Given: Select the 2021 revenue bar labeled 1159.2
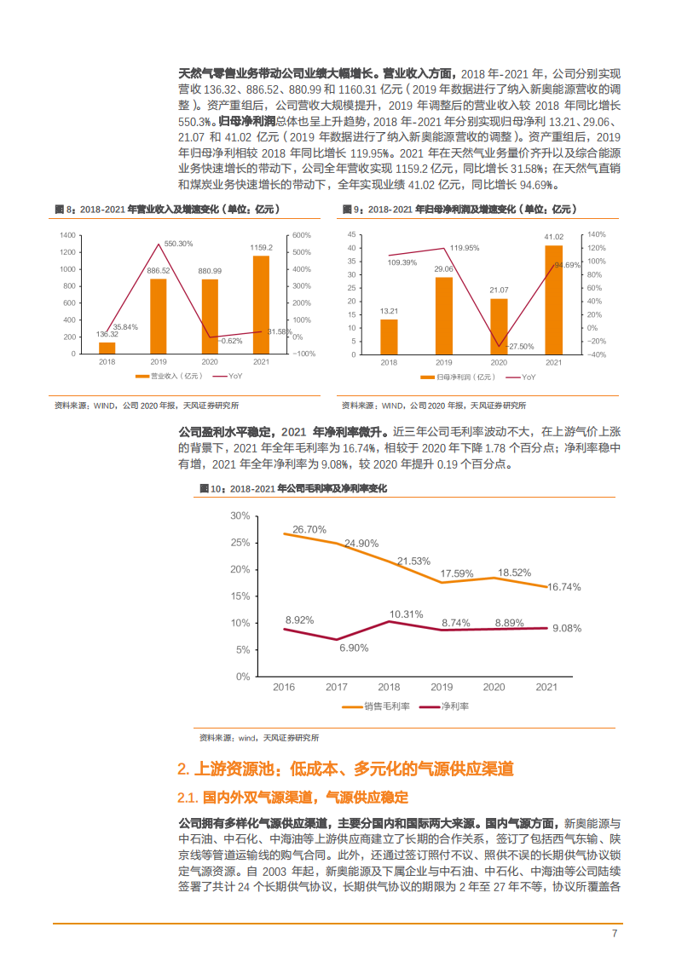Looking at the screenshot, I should (x=261, y=305).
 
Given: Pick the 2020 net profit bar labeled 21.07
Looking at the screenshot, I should (x=499, y=326).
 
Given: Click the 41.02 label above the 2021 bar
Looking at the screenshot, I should (x=553, y=237).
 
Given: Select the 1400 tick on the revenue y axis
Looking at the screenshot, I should (x=67, y=235).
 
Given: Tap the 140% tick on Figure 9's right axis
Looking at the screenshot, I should (x=595, y=235).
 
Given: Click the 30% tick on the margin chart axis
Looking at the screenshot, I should (x=240, y=515).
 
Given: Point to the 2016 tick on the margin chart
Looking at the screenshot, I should (x=284, y=686).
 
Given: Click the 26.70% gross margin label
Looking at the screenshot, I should (x=309, y=529).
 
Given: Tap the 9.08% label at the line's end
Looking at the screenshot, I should (x=567, y=628).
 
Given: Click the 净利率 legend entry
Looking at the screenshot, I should (x=454, y=705).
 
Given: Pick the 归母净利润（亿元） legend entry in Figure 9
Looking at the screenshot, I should (x=464, y=376).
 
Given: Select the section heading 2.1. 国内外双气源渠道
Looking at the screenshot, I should (x=292, y=797).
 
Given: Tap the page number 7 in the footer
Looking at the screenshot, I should (x=614, y=933).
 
